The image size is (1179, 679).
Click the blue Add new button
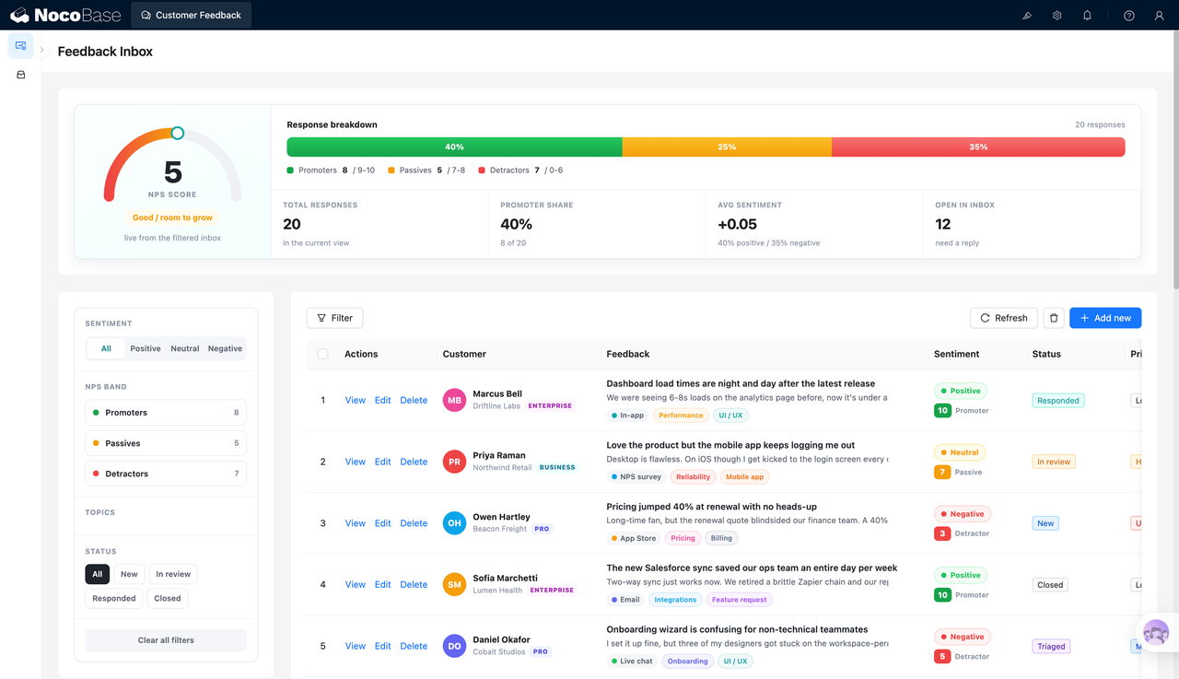(1104, 318)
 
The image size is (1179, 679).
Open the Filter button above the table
(334, 318)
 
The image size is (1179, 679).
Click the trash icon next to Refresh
(1053, 318)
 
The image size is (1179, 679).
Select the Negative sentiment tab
(225, 348)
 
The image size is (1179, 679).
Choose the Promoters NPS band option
(166, 412)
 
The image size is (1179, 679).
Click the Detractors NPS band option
(166, 474)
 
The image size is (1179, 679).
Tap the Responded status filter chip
(113, 598)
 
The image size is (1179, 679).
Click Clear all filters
(166, 640)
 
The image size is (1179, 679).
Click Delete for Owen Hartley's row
(414, 523)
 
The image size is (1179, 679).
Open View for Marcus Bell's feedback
(355, 400)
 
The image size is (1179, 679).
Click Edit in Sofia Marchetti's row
(382, 584)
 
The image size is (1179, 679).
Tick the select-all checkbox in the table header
(322, 354)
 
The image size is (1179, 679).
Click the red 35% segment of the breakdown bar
(978, 146)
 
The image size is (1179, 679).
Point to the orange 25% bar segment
(727, 146)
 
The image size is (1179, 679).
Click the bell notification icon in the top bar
(1087, 16)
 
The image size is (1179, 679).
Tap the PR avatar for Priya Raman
(454, 462)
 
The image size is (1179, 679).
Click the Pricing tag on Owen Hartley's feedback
(683, 538)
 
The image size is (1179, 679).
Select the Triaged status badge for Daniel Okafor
(1051, 647)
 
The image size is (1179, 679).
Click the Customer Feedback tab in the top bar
(191, 16)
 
